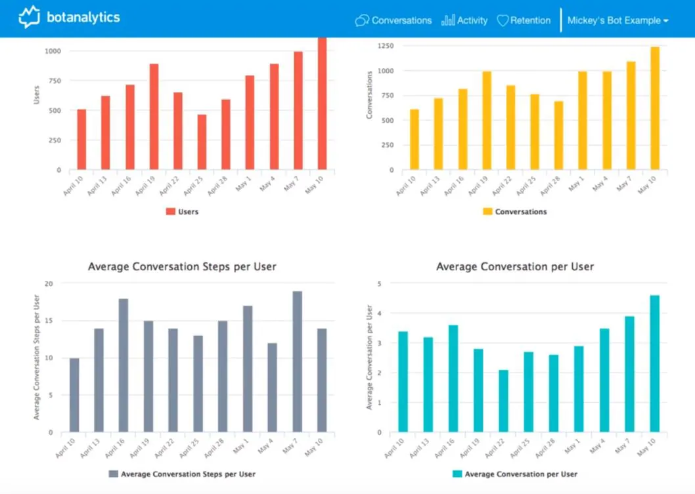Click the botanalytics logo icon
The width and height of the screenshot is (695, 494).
pyautogui.click(x=30, y=17)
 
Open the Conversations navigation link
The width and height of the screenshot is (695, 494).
pyautogui.click(x=393, y=20)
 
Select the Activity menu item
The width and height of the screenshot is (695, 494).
pyautogui.click(x=464, y=20)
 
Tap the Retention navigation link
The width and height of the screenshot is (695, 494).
pyautogui.click(x=524, y=20)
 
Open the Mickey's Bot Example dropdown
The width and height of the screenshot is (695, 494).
pyautogui.click(x=618, y=20)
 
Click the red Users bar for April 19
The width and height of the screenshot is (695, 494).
pyautogui.click(x=154, y=117)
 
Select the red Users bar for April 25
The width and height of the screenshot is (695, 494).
pyautogui.click(x=202, y=142)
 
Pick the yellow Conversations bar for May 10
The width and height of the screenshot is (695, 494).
pyautogui.click(x=655, y=108)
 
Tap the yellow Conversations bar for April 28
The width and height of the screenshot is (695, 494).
pyautogui.click(x=558, y=135)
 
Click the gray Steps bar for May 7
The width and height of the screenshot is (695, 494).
pyautogui.click(x=298, y=361)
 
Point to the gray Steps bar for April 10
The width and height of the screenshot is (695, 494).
pyautogui.click(x=74, y=396)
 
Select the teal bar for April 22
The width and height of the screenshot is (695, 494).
pyautogui.click(x=503, y=401)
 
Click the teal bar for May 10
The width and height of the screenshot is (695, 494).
pyautogui.click(x=655, y=364)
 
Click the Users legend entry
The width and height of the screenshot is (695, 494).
pyautogui.click(x=182, y=212)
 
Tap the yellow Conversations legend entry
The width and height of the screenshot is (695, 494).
pyautogui.click(x=515, y=212)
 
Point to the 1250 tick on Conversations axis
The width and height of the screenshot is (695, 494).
pyautogui.click(x=385, y=46)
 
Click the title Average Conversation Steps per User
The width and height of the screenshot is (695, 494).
pyautogui.click(x=182, y=266)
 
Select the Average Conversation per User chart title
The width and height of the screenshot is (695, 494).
pyautogui.click(x=515, y=266)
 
